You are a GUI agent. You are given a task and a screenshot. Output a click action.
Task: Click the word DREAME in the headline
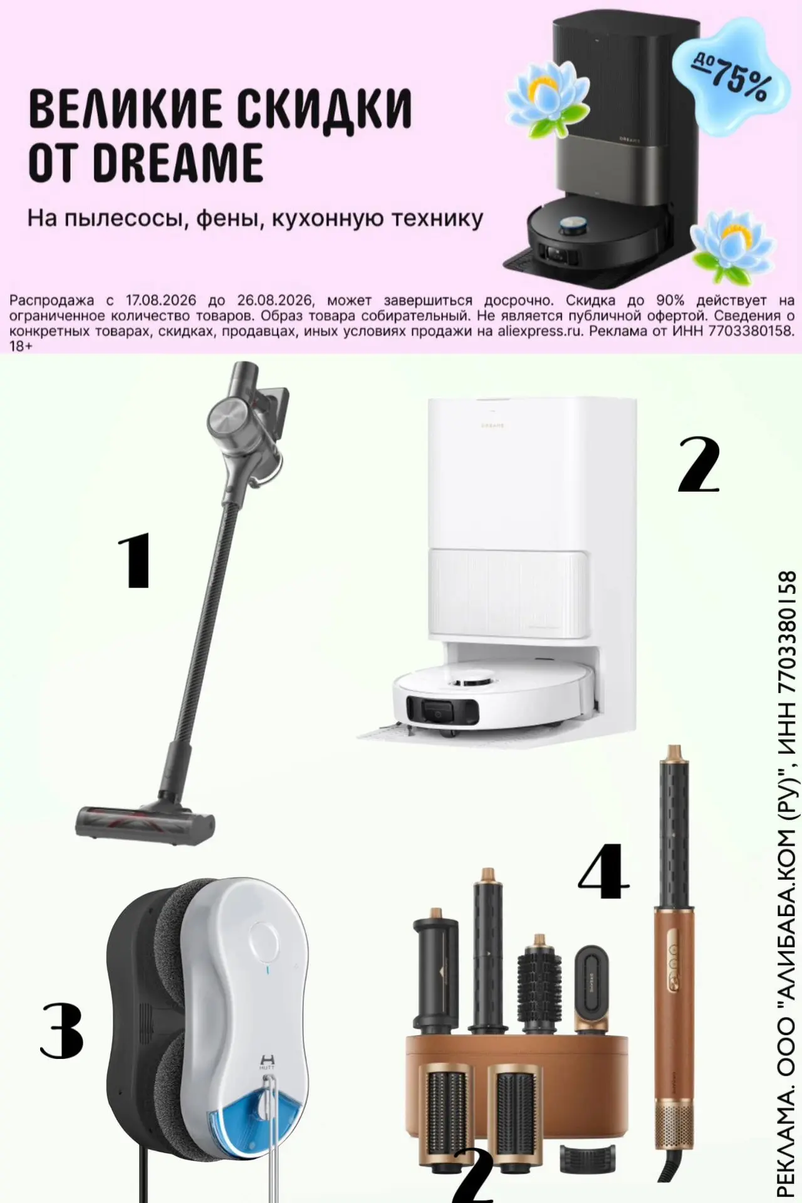point(178,162)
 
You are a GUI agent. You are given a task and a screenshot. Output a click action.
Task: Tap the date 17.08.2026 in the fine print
point(161,301)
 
